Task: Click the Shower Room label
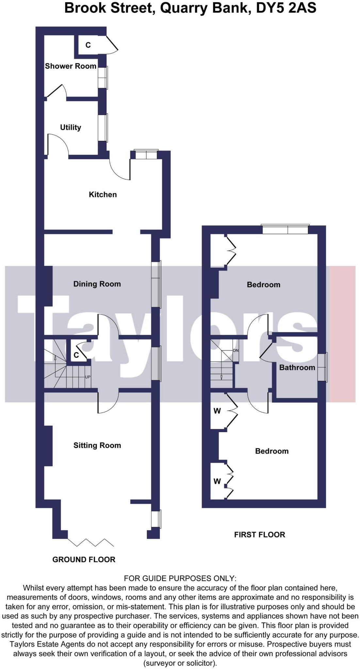click(x=71, y=66)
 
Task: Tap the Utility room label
click(x=71, y=127)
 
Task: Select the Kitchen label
click(x=103, y=195)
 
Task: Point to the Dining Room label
click(x=97, y=284)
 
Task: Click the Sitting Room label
click(x=97, y=446)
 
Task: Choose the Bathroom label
click(x=297, y=367)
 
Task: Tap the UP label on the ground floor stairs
click(x=88, y=377)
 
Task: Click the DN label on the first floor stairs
click(x=236, y=351)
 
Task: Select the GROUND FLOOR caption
click(x=84, y=560)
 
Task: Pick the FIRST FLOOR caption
click(x=259, y=535)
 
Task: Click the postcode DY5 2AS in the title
click(x=286, y=8)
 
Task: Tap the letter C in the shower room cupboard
click(x=88, y=45)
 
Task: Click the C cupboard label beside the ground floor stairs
click(x=76, y=355)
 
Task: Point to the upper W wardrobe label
click(x=217, y=411)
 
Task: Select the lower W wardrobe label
click(x=217, y=481)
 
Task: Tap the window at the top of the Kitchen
click(x=146, y=155)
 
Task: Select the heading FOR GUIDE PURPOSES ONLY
click(x=180, y=579)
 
